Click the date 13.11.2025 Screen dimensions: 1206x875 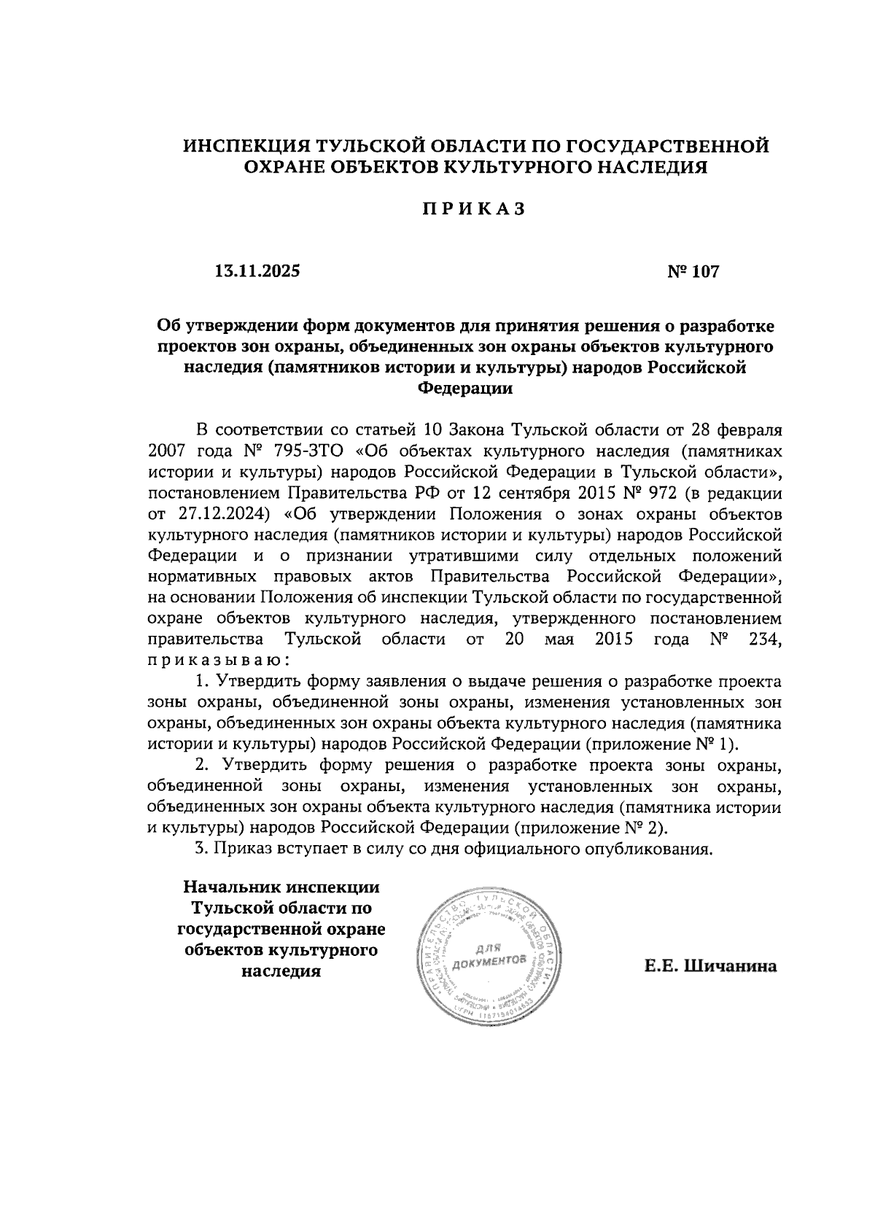click(x=257, y=272)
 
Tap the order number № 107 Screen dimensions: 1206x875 click(x=693, y=272)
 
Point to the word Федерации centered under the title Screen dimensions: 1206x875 click(x=465, y=388)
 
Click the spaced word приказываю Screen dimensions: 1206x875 click(x=219, y=661)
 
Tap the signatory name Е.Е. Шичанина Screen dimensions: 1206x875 click(x=711, y=967)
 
